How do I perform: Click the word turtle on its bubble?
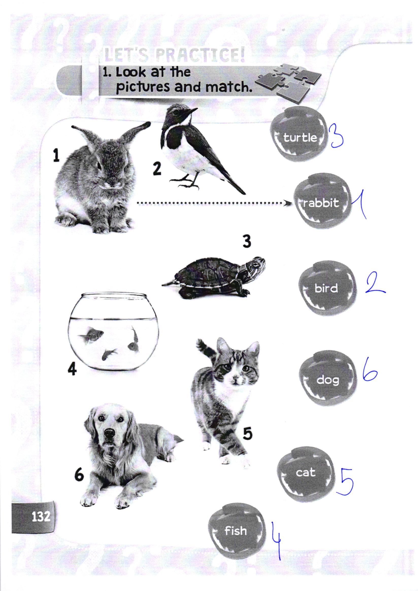(300, 138)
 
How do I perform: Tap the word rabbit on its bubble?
(321, 203)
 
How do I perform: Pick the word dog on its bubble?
(328, 380)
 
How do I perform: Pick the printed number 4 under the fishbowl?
(72, 370)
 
